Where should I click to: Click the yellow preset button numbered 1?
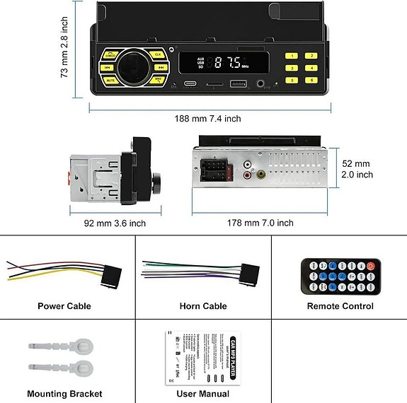290,55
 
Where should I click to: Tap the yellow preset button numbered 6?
310,81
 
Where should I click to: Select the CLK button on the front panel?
157,54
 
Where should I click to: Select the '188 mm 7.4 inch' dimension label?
208,119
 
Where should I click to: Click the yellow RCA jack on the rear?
261,174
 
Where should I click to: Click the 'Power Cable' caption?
64,306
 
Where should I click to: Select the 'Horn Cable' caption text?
203,306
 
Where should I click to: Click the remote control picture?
340,275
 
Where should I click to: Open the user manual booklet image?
202,358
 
